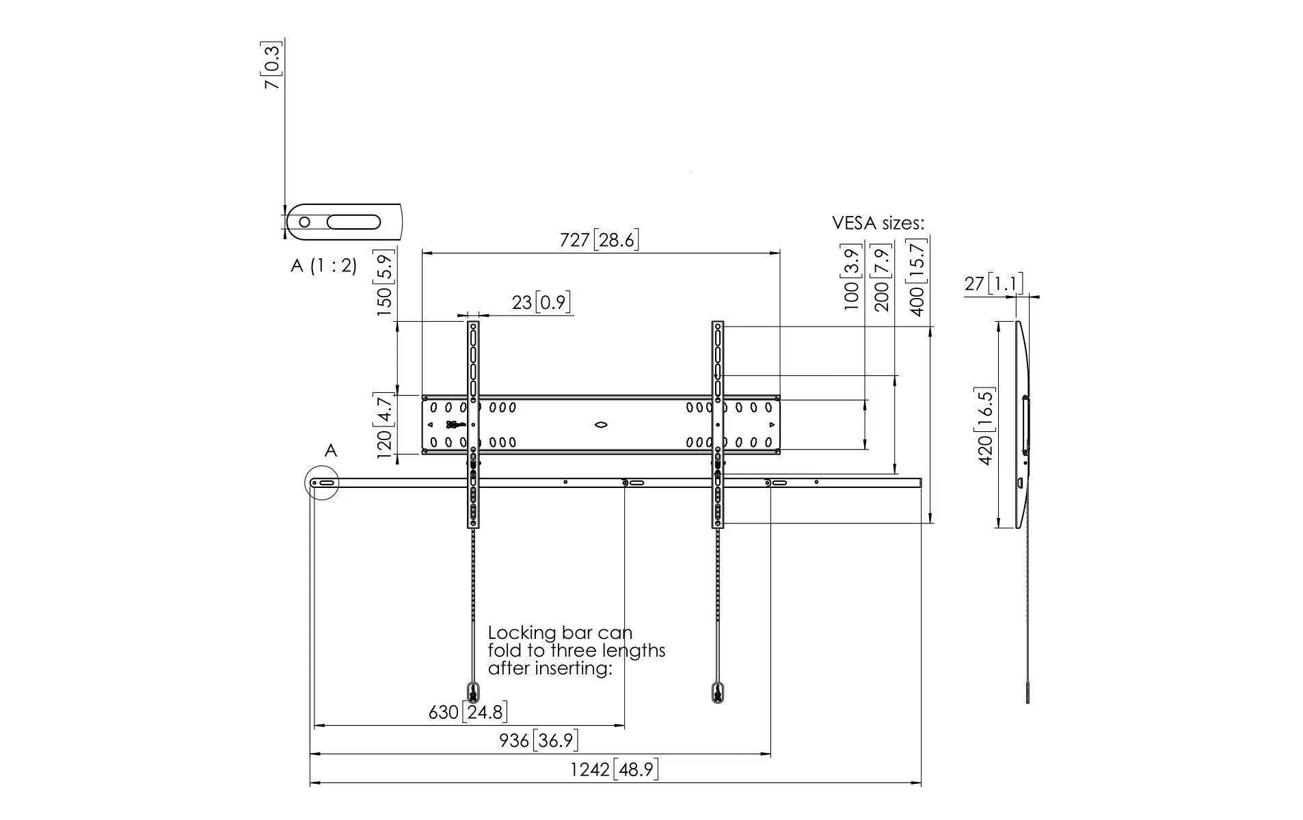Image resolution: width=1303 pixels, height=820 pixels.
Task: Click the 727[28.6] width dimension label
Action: coord(599,240)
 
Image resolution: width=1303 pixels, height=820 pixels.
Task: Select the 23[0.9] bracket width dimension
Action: coord(541,301)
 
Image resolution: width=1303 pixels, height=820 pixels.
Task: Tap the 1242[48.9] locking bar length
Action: coord(615,769)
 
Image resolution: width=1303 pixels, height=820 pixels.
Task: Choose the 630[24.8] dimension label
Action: coord(468,712)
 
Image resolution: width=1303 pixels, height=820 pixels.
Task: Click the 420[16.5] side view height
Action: coord(985,426)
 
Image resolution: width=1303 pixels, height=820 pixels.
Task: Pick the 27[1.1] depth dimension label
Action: coord(993,283)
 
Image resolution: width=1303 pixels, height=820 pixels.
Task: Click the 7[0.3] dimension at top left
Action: coord(273,66)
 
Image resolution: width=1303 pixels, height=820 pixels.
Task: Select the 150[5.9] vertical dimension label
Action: coord(384,283)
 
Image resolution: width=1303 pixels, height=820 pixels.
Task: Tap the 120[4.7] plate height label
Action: coord(384,424)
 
